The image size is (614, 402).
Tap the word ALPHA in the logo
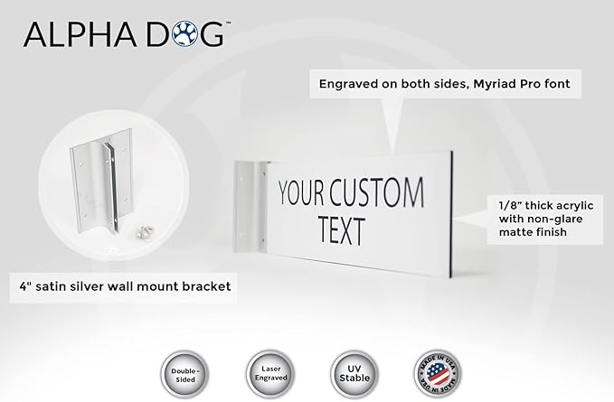point(80,34)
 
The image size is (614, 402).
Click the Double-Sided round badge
point(184,375)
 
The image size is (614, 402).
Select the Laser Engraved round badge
point(270,374)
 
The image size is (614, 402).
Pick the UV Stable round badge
point(354,374)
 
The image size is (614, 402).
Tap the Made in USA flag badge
point(438,373)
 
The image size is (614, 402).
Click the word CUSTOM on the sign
point(376,192)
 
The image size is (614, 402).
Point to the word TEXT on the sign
point(342,230)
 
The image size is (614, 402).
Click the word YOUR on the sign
point(301,192)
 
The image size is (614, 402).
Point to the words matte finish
point(533,232)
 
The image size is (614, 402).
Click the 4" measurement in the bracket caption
point(25,285)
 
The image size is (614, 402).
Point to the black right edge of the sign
point(451,214)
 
